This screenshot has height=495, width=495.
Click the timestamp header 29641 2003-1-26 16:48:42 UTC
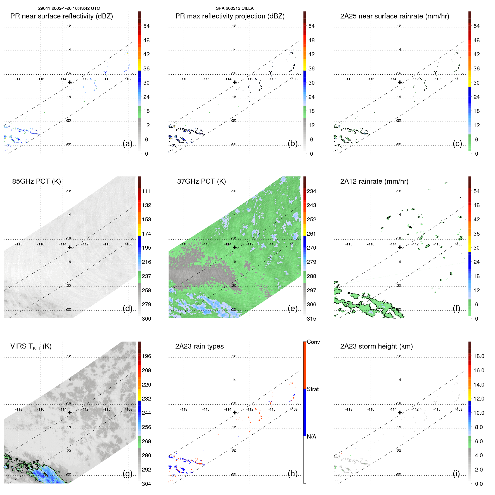(69, 8)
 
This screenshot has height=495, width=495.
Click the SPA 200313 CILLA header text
(235, 8)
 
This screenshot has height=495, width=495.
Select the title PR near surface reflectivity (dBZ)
(61, 16)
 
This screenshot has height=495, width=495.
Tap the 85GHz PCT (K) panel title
(36, 181)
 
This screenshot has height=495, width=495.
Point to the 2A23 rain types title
(199, 346)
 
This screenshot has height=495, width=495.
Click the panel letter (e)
(292, 308)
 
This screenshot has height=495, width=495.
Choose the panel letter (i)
(456, 473)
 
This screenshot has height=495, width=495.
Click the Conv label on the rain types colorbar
(313, 342)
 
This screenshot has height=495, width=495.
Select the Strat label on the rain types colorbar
(312, 389)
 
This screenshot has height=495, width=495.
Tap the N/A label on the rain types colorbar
(311, 437)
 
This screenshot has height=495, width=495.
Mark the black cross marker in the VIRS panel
(70, 412)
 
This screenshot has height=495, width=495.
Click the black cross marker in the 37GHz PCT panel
(235, 247)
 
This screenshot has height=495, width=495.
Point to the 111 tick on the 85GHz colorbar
(146, 191)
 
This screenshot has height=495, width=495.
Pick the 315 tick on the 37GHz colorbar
(311, 319)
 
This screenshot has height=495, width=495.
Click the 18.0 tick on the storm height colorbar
(479, 356)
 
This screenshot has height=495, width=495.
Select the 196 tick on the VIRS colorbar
(146, 356)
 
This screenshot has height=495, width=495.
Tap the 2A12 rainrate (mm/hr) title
(374, 181)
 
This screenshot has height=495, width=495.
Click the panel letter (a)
(127, 143)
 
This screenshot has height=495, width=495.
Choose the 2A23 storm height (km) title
(376, 346)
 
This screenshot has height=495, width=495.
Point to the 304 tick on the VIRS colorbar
(146, 484)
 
